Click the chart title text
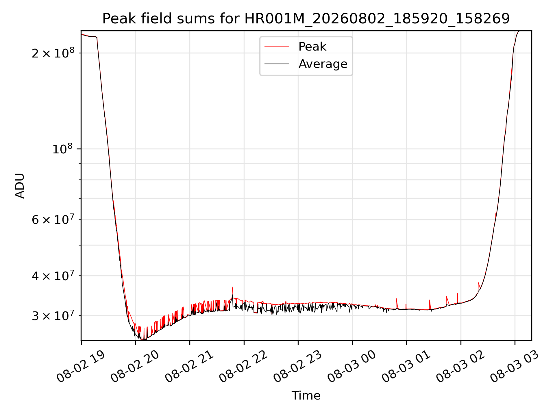coord(306,19)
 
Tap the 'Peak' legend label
coord(312,47)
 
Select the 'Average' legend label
coord(323,64)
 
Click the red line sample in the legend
coord(277,46)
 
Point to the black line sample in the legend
coord(277,64)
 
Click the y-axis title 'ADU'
coord(20,186)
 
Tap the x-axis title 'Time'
coord(306,395)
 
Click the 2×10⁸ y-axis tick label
coord(53,53)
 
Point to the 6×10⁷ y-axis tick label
coord(53,220)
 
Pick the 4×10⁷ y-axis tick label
coord(53,276)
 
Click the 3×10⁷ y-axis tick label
coord(53,315)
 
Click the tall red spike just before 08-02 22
coord(232,292)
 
